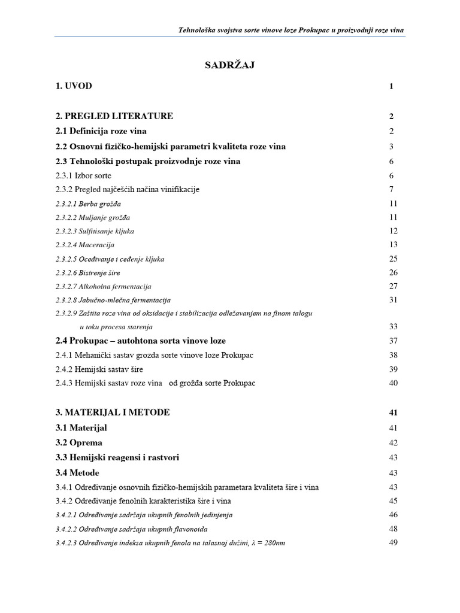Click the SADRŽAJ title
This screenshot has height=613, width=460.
coord(230,65)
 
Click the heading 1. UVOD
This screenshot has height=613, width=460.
coord(74,86)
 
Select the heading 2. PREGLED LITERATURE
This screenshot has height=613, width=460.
coord(114,116)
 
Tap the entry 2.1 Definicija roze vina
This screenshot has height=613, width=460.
coord(101,131)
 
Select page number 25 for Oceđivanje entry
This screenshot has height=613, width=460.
coord(393,259)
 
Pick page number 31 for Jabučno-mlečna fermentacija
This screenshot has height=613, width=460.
coord(393,300)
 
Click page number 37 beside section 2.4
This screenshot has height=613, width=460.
coord(393,341)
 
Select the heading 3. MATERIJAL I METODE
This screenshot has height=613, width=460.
coord(112,412)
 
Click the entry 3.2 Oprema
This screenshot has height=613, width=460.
coord(78,442)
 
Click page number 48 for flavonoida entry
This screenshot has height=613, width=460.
coord(393,529)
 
